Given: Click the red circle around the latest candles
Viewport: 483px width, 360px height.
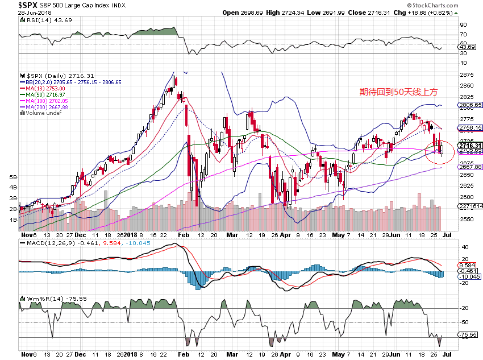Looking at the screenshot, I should point(439,151).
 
